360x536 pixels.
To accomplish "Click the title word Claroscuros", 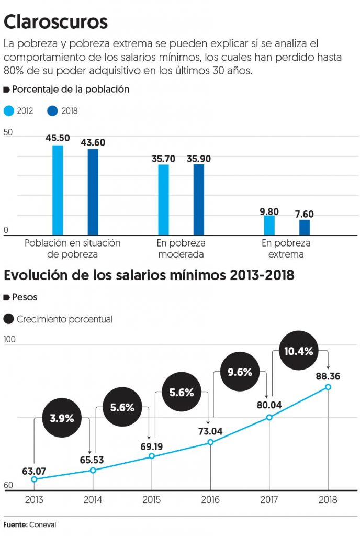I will coord(56,22).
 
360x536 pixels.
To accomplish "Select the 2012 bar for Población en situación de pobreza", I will coord(58,190).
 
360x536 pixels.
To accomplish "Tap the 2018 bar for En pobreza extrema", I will coord(305,227).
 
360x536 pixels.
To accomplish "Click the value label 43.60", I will coord(93,142).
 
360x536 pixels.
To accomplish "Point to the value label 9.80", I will coord(269,211).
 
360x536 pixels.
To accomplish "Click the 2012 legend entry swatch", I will coord(9,111).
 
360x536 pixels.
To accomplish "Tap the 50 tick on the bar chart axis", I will coord(8,132).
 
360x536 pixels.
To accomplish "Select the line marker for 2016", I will coord(210,442).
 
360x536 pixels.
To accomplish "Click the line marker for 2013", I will coord(34,479).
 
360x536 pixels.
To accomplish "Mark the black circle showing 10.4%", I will coord(298,351).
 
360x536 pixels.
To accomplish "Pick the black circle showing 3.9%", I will coord(62,418).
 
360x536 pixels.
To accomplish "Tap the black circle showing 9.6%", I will coord(240,373).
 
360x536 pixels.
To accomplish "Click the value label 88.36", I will coord(328,375).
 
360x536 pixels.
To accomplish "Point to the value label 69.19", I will coord(152,445).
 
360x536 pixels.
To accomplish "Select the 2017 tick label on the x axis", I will coord(269,500).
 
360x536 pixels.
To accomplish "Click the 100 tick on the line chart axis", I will coord(10,340).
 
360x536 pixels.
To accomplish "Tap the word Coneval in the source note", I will coord(44,524).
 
